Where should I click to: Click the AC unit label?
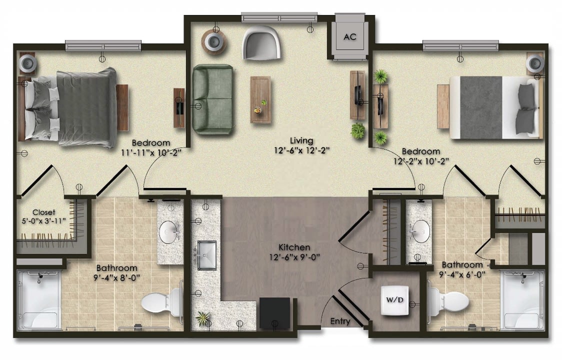coord(350,37)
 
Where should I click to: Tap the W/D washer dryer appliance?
coord(394,300)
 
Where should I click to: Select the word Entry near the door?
coord(340,321)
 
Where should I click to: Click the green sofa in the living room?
coord(213,99)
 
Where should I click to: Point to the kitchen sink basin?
coord(206,255)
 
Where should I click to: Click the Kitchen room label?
coord(294,247)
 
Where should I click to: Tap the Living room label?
coord(301,140)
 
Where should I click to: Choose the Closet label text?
coord(43,212)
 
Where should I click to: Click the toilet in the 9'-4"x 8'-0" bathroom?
coord(161,302)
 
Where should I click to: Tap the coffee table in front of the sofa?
coord(260,99)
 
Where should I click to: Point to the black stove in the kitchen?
coord(274,313)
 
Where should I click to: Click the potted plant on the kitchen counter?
coord(203,318)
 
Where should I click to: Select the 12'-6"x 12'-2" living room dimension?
coord(302,150)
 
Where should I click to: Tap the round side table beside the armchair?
coord(214,42)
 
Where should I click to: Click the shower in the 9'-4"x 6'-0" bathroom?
coord(523,300)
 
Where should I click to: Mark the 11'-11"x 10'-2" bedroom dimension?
coord(151,152)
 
